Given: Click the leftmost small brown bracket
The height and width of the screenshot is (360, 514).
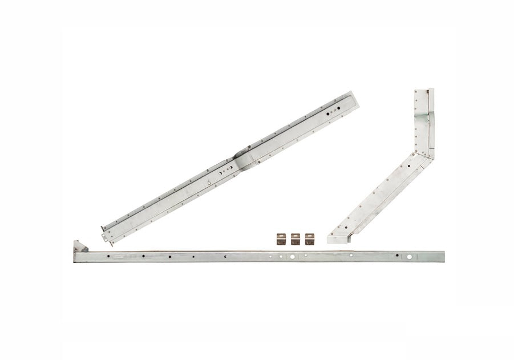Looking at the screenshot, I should (280, 239).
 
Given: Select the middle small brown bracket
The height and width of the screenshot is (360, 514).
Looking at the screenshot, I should (295, 239).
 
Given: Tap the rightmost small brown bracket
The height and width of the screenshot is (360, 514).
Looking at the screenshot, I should (310, 239).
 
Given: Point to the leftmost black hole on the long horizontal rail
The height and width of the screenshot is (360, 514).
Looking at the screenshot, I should (107, 257).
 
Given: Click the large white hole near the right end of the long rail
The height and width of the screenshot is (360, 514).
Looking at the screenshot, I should (409, 257).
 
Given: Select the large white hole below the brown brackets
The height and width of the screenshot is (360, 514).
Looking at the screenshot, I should (292, 257).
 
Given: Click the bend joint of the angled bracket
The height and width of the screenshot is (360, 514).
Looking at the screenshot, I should (425, 154).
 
